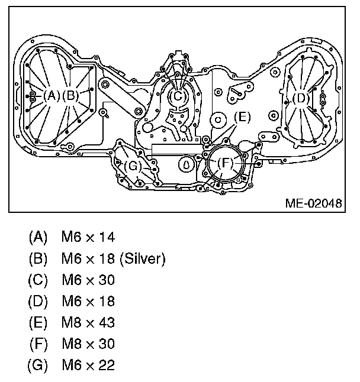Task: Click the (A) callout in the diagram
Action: [x=52, y=95]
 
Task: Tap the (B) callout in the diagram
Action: [x=70, y=95]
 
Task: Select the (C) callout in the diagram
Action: [x=178, y=96]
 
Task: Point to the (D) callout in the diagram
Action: [x=301, y=98]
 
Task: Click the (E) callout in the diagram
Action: [x=242, y=117]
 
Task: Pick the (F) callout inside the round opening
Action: [x=224, y=162]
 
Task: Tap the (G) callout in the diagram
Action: [x=134, y=166]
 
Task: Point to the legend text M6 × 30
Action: [x=88, y=280]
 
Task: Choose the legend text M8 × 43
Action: [x=88, y=322]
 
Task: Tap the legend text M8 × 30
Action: [x=88, y=344]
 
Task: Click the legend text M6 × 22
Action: [x=88, y=365]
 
